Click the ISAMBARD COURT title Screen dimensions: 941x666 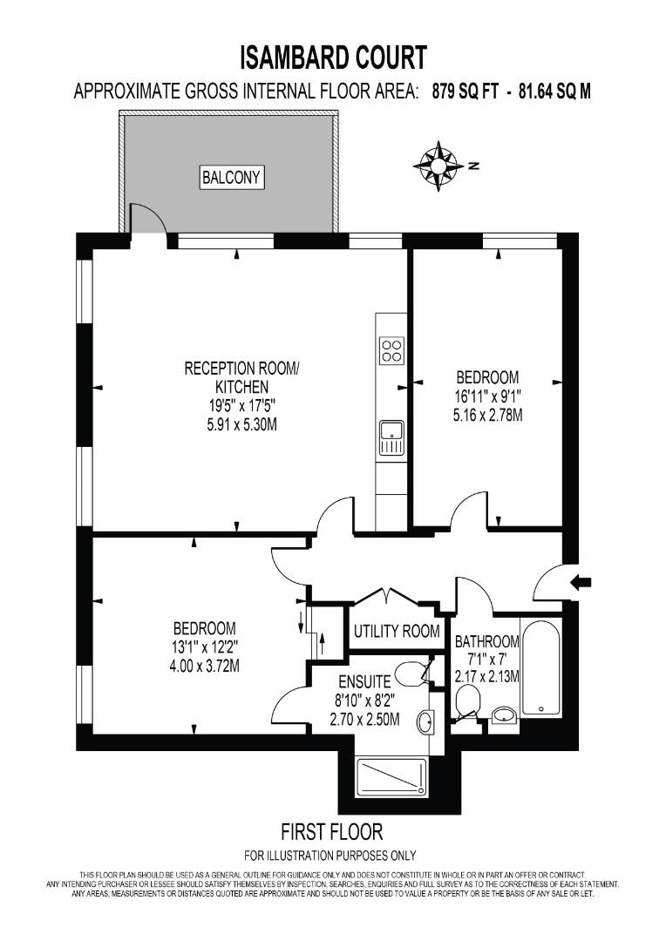point(333,58)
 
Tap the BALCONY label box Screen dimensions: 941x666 point(231,178)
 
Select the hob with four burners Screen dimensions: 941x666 point(391,350)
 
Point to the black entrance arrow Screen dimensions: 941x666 point(581,582)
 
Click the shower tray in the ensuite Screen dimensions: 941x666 point(391,778)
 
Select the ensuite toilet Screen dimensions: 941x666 point(410,673)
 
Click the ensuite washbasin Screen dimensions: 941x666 point(425,722)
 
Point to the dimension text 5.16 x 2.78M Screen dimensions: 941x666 point(487,416)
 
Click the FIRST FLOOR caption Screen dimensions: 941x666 point(331,831)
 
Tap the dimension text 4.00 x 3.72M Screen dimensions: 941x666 point(204,667)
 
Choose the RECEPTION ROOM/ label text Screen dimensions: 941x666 point(241,368)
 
